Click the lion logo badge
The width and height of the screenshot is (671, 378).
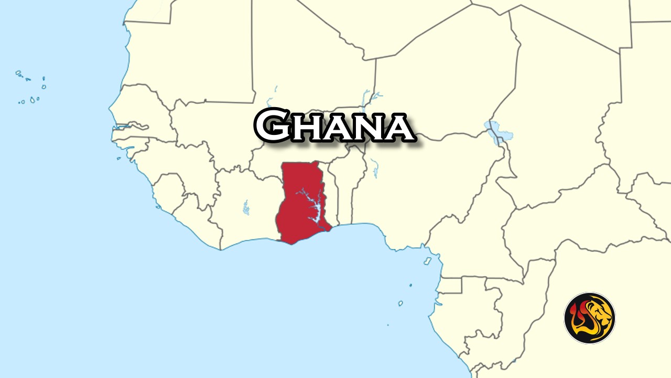[x=590, y=318]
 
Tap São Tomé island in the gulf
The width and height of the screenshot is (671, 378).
[x=401, y=303]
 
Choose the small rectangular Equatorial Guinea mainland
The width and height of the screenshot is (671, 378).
[x=451, y=286]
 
